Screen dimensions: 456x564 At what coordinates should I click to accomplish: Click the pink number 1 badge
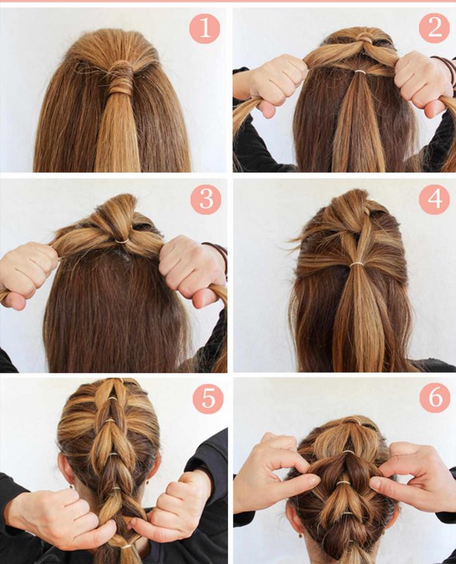coord(205,29)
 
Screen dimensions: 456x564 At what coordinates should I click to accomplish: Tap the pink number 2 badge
coord(435,27)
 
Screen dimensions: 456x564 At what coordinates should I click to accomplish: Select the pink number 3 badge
coord(206,199)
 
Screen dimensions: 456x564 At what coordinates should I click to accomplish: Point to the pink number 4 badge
coord(435,199)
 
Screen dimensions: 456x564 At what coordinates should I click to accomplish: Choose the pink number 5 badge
coord(208,398)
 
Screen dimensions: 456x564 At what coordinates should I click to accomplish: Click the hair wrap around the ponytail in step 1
coord(121,78)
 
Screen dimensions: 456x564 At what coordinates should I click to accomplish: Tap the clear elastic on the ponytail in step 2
coord(360,72)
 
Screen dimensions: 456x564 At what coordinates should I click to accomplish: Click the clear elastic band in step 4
coord(356,264)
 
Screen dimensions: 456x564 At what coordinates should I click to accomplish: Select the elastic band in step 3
coord(122,241)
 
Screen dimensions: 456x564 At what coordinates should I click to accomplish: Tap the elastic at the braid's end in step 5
coord(126,546)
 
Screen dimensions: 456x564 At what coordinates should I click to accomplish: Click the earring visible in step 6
coord(300,535)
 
